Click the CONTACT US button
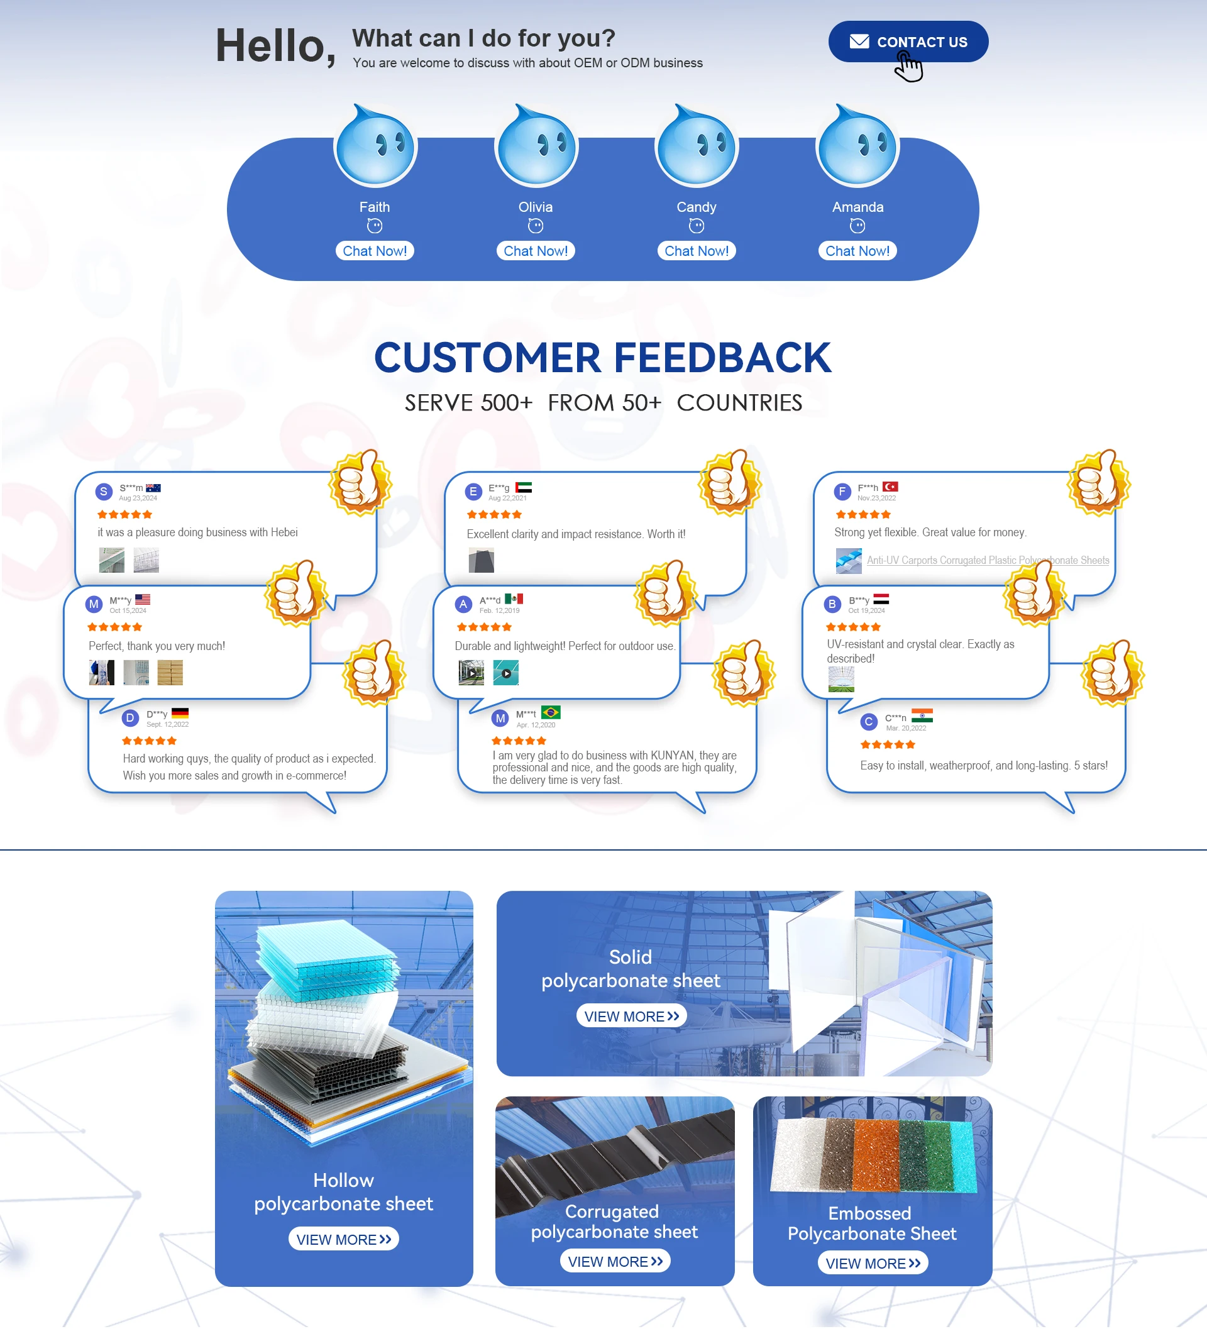pyautogui.click(x=908, y=41)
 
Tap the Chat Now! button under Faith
pyautogui.click(x=375, y=251)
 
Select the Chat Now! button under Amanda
pyautogui.click(x=857, y=251)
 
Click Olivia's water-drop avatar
pyautogui.click(x=536, y=146)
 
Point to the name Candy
pyautogui.click(x=696, y=207)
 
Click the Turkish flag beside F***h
pyautogui.click(x=890, y=487)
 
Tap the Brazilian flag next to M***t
pyautogui.click(x=551, y=713)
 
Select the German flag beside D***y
pyautogui.click(x=180, y=714)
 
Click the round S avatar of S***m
pyautogui.click(x=104, y=491)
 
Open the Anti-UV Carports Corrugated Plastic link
pyautogui.click(x=987, y=560)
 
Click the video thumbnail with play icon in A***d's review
pyautogui.click(x=505, y=673)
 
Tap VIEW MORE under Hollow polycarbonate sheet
pyautogui.click(x=343, y=1239)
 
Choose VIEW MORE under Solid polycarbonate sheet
pyautogui.click(x=632, y=1016)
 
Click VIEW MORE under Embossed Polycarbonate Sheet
pyautogui.click(x=873, y=1263)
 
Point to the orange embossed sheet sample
pyautogui.click(x=876, y=1154)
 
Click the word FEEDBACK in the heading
pyautogui.click(x=722, y=358)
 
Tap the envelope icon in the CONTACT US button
pyautogui.click(x=859, y=41)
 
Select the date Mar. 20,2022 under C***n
pyautogui.click(x=906, y=729)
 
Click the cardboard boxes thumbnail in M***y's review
pyautogui.click(x=170, y=673)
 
